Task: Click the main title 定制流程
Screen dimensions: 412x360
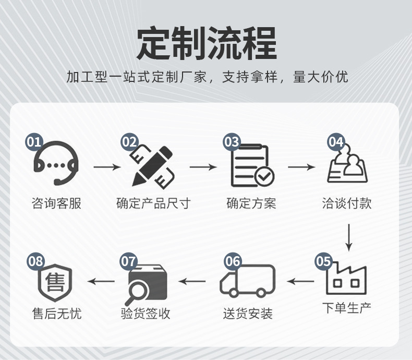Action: (x=206, y=44)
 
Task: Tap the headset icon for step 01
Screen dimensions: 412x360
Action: (x=56, y=164)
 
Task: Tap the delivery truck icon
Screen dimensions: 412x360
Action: (x=248, y=281)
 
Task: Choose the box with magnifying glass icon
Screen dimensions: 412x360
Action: (x=148, y=282)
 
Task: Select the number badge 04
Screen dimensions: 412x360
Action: (x=336, y=141)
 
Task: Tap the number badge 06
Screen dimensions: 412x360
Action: (x=233, y=260)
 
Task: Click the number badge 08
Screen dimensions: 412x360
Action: (x=36, y=260)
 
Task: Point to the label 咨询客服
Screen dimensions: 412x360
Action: (x=56, y=203)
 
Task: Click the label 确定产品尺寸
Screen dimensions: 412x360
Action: (x=153, y=203)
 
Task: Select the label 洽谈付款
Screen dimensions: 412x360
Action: (x=347, y=203)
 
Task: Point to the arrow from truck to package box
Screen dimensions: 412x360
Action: (x=192, y=282)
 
